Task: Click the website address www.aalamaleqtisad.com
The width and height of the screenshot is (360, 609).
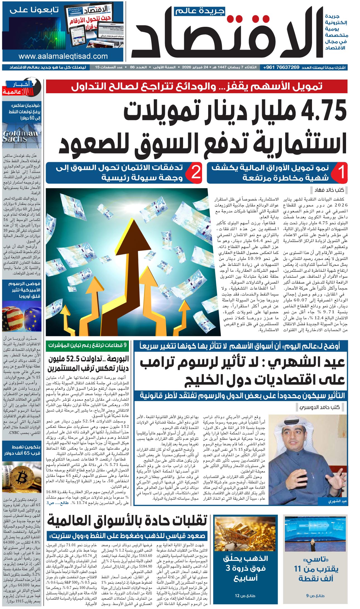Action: [x=63, y=56]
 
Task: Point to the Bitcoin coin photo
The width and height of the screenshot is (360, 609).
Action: [x=21, y=477]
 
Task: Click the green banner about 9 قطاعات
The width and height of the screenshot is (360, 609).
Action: [x=87, y=345]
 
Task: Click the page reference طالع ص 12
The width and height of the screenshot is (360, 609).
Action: [x=245, y=596]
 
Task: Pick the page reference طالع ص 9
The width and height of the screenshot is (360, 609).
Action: [x=315, y=596]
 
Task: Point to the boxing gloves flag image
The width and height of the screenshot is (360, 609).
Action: [x=21, y=316]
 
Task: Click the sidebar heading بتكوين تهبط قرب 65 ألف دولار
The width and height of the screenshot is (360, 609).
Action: [x=22, y=450]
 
